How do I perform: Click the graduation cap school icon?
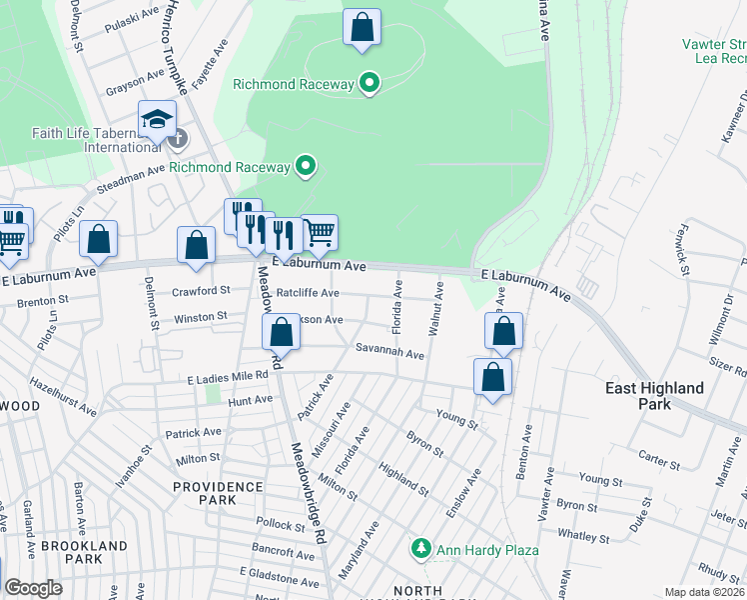[x=157, y=120]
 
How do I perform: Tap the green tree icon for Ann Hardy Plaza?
[x=421, y=549]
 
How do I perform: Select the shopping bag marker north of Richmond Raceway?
[x=362, y=27]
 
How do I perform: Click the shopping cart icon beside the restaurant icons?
[x=319, y=232]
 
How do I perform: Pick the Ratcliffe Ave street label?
[x=308, y=293]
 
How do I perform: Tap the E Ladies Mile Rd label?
[x=229, y=377]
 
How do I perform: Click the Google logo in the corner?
[x=33, y=588]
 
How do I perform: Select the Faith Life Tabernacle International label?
[x=89, y=139]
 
